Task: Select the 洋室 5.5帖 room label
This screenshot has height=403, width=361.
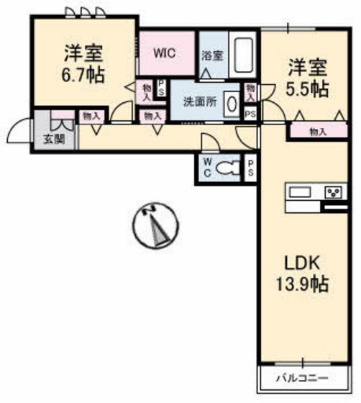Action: pos(309,78)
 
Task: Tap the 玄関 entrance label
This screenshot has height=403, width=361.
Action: pos(52,140)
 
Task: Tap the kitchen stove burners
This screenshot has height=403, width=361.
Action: pos(334,192)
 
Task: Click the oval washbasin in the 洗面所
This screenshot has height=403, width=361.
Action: pos(232,104)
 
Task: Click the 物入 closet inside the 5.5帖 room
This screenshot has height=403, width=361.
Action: pos(317,132)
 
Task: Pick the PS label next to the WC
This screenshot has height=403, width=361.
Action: pos(250,168)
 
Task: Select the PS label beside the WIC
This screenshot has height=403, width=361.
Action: pos(162,89)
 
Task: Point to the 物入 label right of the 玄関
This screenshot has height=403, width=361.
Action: pos(91,115)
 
